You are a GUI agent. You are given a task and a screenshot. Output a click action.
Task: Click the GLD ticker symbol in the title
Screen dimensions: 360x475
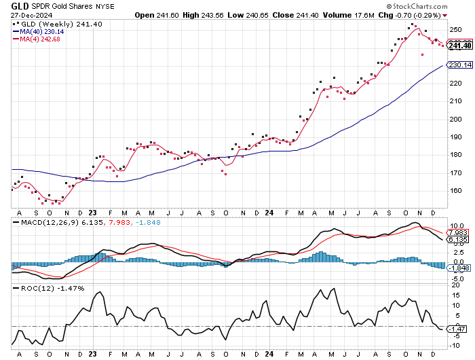(x=20, y=5)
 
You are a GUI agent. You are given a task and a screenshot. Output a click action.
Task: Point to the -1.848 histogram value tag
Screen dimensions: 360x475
(x=459, y=268)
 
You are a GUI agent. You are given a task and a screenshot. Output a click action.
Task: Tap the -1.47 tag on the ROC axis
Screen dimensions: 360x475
(x=459, y=329)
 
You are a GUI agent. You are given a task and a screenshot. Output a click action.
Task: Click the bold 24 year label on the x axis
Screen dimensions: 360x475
(x=269, y=354)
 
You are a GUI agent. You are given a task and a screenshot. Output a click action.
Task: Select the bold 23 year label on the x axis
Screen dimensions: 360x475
(x=92, y=354)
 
